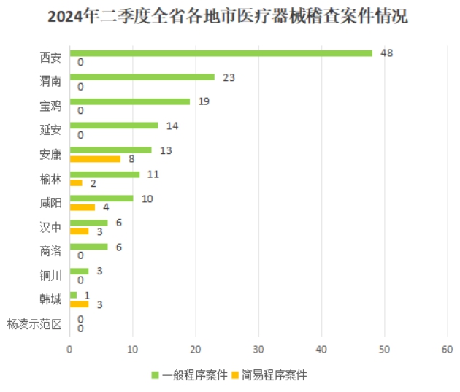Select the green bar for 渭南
[142, 77]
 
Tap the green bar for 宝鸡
[129, 101]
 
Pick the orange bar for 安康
[94, 158]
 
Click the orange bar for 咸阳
[82, 207]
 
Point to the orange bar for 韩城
[79, 304]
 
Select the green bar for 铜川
[79, 272]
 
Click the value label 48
[387, 53]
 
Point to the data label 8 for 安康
[131, 158]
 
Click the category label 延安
[50, 130]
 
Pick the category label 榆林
[50, 178]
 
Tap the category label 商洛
[50, 251]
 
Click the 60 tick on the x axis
[447, 350]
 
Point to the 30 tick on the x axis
[258, 350]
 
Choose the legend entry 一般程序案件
[193, 375]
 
